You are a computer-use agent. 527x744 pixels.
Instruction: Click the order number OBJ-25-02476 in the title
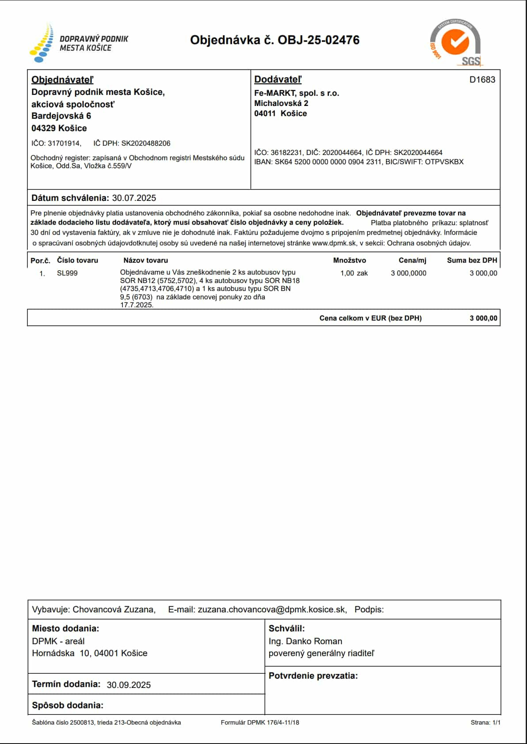tap(318, 40)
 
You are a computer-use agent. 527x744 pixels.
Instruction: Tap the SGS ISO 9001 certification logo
tap(455, 43)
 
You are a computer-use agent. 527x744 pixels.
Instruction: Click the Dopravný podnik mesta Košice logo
tap(79, 43)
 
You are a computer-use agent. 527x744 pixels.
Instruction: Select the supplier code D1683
tap(482, 80)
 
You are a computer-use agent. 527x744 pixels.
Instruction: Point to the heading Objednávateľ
tap(62, 80)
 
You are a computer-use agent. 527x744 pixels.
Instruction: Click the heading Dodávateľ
tap(278, 79)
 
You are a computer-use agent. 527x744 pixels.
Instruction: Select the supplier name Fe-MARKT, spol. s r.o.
tap(296, 93)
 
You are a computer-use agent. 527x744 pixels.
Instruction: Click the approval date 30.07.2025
tap(134, 198)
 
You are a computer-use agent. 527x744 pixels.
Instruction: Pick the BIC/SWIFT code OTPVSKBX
tap(444, 162)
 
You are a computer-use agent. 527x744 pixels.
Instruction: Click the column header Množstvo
tap(349, 261)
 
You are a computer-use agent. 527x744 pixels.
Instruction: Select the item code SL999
tap(67, 273)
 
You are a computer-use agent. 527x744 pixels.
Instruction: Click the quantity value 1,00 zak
tap(354, 273)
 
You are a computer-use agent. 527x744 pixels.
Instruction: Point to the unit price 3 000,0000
tap(408, 273)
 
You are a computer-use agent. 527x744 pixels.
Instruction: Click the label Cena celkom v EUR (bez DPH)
tap(370, 318)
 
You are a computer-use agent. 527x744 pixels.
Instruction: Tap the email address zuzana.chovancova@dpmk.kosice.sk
tap(271, 610)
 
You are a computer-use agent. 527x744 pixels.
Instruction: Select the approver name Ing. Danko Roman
tap(305, 641)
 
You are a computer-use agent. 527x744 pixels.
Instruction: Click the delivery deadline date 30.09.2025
tap(129, 685)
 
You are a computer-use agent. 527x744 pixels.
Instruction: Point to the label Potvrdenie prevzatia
tap(313, 676)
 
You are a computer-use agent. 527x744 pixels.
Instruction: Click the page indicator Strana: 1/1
tap(485, 723)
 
